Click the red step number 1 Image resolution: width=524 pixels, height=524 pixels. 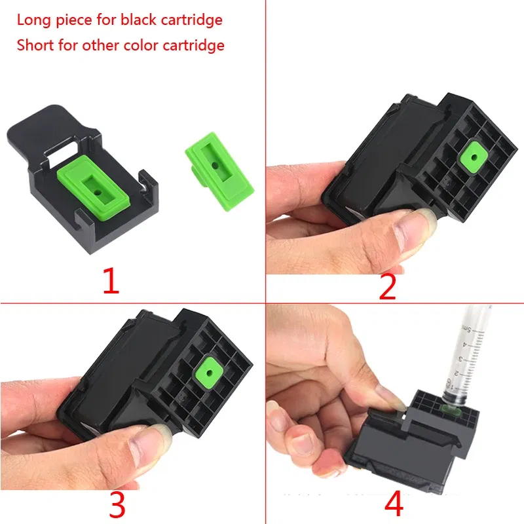point(111,281)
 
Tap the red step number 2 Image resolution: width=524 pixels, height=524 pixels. point(388,287)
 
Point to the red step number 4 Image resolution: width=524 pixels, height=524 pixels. point(394,504)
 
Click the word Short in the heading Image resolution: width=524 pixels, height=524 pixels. point(35,45)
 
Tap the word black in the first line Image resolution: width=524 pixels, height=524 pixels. point(139,20)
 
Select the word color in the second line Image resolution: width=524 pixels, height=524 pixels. point(141,45)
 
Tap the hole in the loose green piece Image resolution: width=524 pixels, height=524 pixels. point(215,166)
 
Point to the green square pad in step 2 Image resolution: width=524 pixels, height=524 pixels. point(473,157)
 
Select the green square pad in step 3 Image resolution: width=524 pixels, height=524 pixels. point(210,372)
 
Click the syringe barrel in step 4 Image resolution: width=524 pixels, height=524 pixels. point(470,354)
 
